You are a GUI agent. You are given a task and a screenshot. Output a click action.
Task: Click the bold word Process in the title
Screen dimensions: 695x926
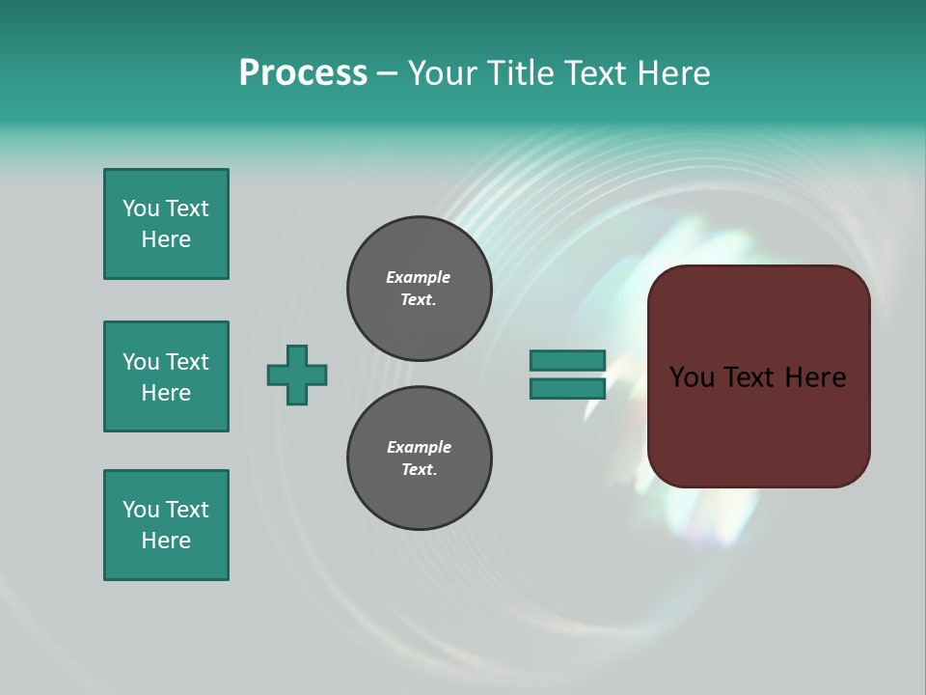coord(303,73)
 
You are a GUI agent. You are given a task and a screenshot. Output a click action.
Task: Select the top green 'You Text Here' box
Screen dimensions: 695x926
coord(166,224)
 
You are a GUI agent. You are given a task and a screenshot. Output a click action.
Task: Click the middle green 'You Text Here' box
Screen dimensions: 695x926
coord(166,376)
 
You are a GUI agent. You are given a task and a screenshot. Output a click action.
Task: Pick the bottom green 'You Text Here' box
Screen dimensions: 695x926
coord(166,525)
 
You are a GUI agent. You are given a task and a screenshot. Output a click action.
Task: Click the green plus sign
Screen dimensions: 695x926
coord(297,375)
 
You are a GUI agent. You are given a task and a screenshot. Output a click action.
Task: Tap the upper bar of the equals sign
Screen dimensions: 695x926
coord(567,360)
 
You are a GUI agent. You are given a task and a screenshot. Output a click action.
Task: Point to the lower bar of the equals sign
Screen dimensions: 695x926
coord(567,389)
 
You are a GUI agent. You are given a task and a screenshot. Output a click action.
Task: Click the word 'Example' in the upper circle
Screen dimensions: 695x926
coord(419,277)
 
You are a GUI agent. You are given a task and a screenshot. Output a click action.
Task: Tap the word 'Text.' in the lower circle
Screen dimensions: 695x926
coord(419,470)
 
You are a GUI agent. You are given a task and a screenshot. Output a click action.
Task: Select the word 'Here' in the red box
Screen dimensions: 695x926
coord(815,377)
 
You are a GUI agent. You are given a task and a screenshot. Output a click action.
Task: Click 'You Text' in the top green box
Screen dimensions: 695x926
coord(166,208)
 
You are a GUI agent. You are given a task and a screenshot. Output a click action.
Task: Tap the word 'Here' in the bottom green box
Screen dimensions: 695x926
coord(166,541)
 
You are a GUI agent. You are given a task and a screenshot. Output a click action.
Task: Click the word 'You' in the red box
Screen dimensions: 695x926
coord(692,377)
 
